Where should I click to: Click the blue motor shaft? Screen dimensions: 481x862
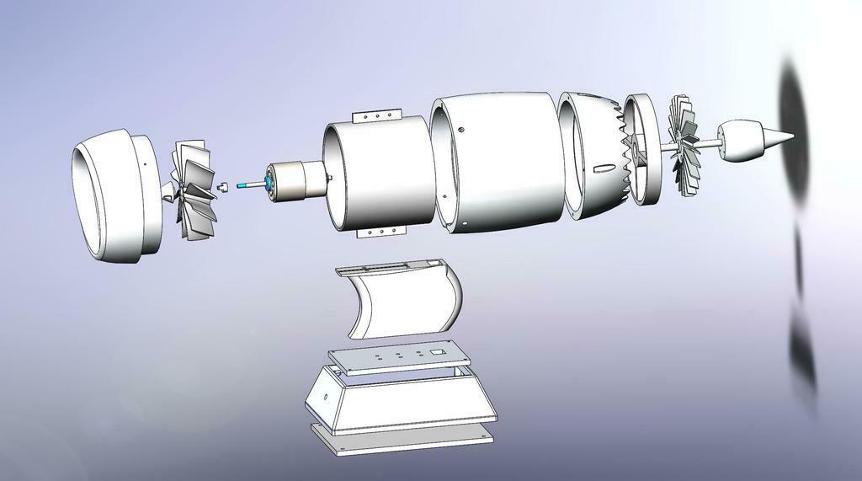click(250, 185)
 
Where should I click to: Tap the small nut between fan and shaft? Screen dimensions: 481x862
click(223, 186)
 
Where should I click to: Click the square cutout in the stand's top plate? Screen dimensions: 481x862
click(437, 349)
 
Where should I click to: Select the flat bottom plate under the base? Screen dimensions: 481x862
click(404, 440)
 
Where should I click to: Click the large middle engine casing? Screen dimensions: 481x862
click(497, 164)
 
